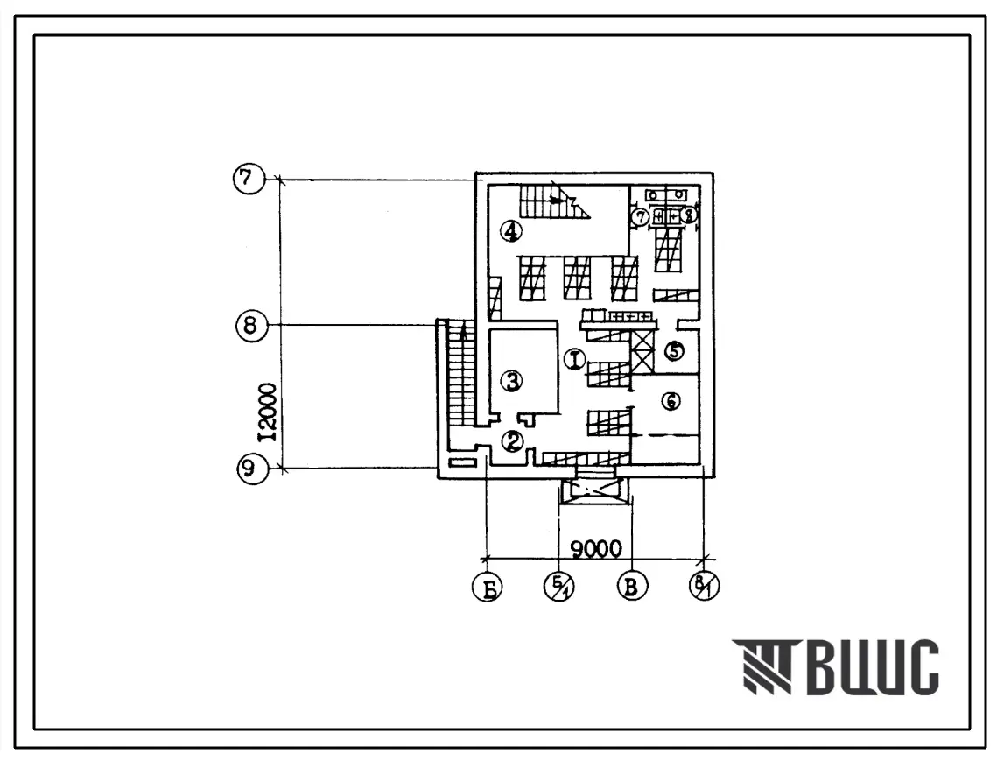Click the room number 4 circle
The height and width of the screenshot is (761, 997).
point(511,231)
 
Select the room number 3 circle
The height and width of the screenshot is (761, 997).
point(512,380)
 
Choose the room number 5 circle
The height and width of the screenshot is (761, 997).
point(673,350)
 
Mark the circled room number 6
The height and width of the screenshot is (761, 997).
point(671,400)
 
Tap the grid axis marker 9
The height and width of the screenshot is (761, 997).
point(249,469)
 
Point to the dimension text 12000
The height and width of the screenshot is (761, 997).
point(270,412)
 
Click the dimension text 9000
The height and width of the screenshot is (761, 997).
point(595,549)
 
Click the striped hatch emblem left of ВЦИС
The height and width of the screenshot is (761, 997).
point(761,666)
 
